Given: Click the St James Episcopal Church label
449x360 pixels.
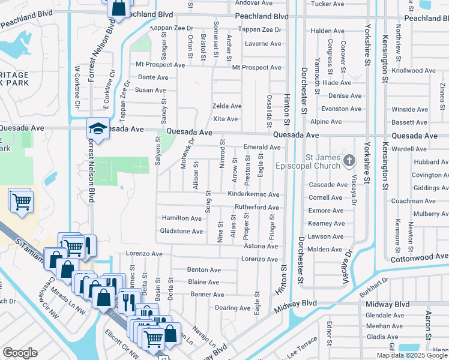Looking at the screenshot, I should coord(308,161).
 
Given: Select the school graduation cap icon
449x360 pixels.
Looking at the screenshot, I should coord(97,127).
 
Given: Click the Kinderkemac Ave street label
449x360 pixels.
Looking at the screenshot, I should coord(253,194).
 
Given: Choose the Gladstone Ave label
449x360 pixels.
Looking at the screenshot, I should coord(181,231).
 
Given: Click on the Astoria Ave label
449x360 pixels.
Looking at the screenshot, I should coord(261,246).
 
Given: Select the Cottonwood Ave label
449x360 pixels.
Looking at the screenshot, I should coord(419,257).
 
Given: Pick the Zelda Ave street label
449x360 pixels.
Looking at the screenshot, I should coord(227,106).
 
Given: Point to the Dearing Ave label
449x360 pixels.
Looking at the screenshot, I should coord(232,308).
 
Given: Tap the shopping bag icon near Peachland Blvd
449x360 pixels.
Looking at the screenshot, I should coord(118,8).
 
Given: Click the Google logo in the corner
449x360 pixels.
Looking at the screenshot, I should coord(20,353).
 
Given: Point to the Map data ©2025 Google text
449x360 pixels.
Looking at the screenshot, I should coord(412,355).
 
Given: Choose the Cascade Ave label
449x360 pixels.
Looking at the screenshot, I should coord(328,185).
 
